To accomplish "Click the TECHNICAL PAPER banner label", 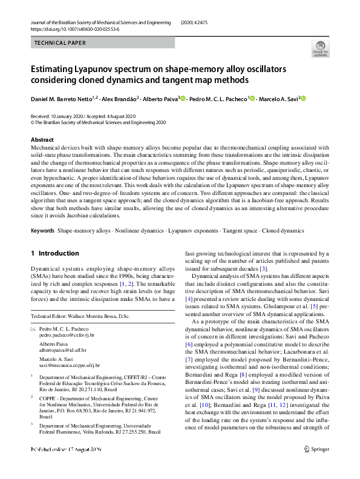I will pos(60,43).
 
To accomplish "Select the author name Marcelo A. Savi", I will pos(280,99).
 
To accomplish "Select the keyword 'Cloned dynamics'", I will pos(283,231).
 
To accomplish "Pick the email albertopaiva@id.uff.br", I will pos(63,350).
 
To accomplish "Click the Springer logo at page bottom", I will pos(317,466).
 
